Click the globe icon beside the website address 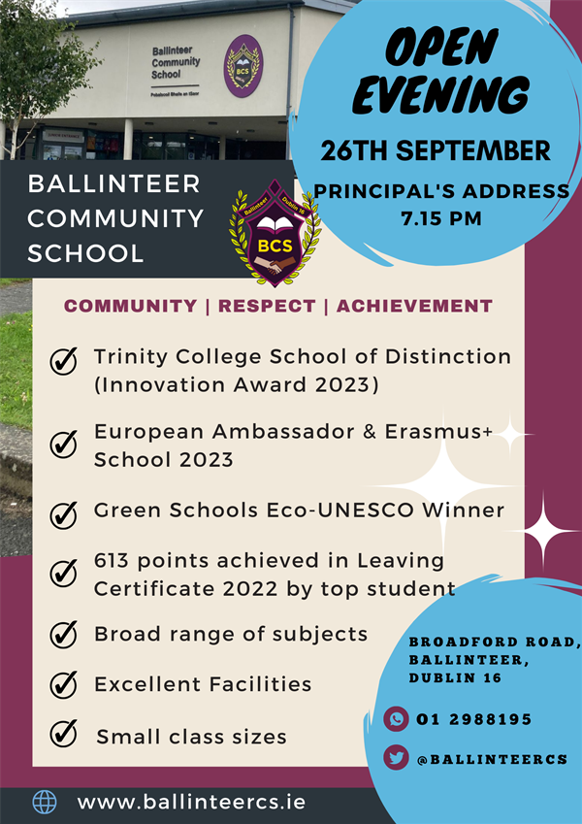[45, 803]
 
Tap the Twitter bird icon [396, 758]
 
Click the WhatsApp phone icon [396, 719]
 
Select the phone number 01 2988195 [473, 719]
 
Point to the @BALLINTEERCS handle [492, 759]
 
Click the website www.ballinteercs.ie [191, 802]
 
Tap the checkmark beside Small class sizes [64, 733]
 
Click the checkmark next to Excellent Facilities [64, 684]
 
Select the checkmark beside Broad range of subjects [64, 635]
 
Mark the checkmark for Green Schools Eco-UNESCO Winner [64, 514]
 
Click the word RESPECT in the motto [267, 306]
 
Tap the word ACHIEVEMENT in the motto [414, 306]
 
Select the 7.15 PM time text [441, 218]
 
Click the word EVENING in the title [440, 95]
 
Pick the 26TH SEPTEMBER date [436, 150]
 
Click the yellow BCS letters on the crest [275, 246]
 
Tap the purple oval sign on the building [243, 66]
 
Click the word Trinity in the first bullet [130, 357]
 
